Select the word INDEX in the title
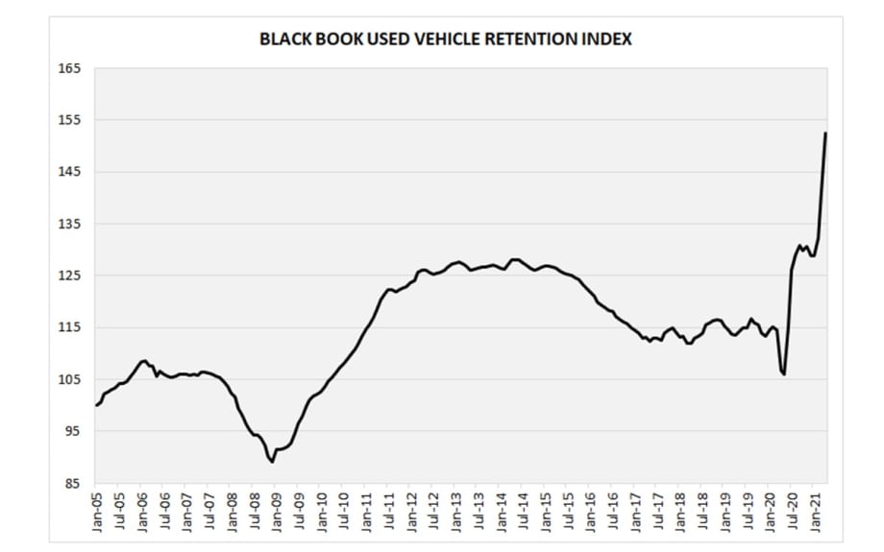coord(608,40)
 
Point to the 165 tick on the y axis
coord(74,68)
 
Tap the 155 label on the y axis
coord(74,120)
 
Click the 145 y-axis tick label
coord(74,172)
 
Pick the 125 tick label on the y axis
coord(74,276)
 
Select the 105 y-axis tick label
coord(74,379)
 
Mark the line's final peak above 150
coord(826,133)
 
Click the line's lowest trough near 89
coord(273,462)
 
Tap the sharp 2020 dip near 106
coord(784,373)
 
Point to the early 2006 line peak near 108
coord(144,361)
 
